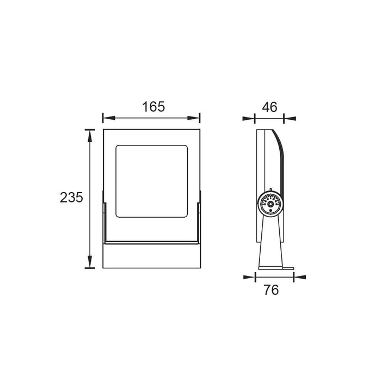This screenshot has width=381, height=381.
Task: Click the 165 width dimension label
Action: click(x=153, y=107)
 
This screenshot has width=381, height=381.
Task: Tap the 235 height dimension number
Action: click(x=71, y=197)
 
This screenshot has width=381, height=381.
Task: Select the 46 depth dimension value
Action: click(x=269, y=107)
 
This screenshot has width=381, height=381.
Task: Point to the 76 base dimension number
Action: click(x=271, y=290)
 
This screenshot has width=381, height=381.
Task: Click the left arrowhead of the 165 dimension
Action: click(x=109, y=118)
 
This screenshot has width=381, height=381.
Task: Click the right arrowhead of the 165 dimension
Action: click(x=193, y=118)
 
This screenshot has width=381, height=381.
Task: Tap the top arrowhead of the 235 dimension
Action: click(x=90, y=136)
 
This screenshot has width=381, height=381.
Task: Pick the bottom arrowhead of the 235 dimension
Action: click(x=90, y=262)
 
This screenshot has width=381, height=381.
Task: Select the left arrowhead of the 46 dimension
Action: click(x=249, y=119)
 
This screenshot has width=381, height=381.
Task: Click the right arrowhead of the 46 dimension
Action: click(x=290, y=119)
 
